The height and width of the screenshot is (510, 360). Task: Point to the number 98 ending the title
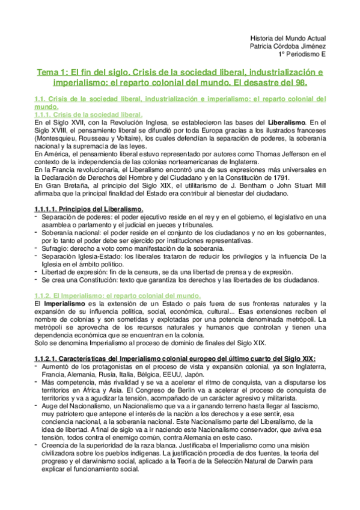(x=301, y=82)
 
